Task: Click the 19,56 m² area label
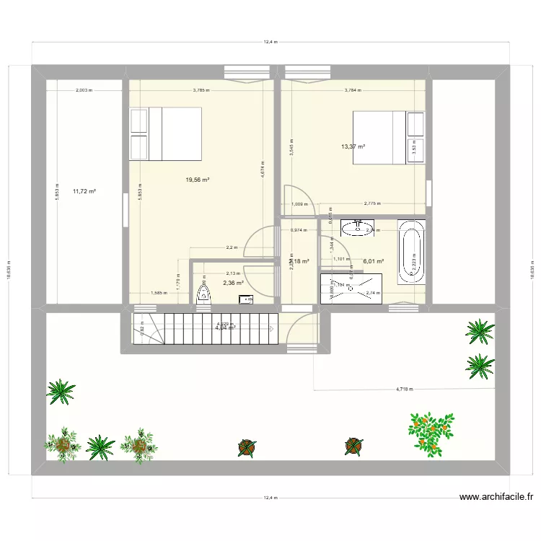pos(197,180)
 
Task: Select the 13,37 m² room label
pos(353,146)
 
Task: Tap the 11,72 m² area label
pos(84,191)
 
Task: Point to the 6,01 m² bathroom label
pos(373,262)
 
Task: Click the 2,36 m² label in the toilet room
pos(233,283)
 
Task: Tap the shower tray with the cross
pos(359,287)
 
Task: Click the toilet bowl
pos(203,292)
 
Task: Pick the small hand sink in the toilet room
pos(247,298)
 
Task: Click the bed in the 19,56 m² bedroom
pos(165,133)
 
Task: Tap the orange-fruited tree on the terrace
pos(431,433)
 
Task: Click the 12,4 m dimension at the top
pos(270,42)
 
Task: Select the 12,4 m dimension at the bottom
pos(270,497)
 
